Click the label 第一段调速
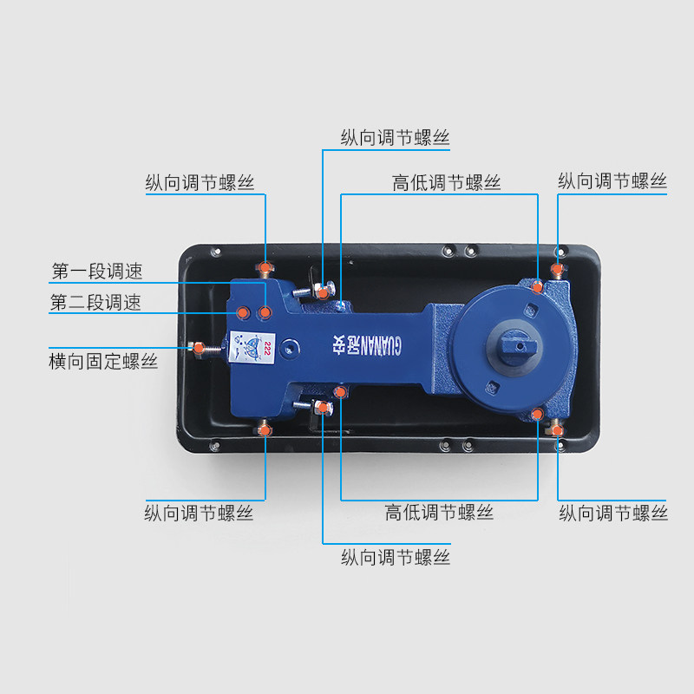coord(96,272)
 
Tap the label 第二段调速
coord(95,303)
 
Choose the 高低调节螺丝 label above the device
coord(446,183)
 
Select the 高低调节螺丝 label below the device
coord(439,512)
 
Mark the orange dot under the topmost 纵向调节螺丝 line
coord(322,292)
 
